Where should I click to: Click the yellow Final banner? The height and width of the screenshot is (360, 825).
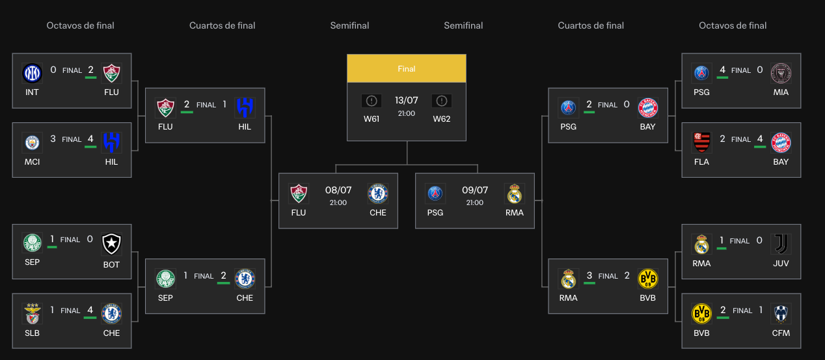(x=407, y=68)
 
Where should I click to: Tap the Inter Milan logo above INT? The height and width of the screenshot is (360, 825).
(x=32, y=73)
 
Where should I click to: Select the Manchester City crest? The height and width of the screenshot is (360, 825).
(x=32, y=142)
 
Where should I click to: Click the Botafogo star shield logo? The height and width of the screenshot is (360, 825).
(x=111, y=243)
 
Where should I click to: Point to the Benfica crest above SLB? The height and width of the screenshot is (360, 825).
(x=32, y=313)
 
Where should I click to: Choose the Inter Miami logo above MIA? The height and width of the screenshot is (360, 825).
(x=781, y=72)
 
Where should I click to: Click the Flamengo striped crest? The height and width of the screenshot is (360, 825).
(x=701, y=142)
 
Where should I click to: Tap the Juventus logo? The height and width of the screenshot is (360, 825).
(x=781, y=243)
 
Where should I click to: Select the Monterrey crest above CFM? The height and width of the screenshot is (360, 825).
(x=781, y=313)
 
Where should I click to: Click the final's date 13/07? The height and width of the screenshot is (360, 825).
(x=407, y=100)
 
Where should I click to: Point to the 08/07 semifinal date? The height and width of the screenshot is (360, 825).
(x=338, y=191)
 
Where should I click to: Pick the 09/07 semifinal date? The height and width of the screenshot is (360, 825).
(x=475, y=191)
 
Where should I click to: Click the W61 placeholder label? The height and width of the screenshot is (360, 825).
(x=372, y=119)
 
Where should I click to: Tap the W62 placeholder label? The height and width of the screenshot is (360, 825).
(x=442, y=119)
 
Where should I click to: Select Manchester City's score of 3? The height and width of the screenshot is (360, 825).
(x=53, y=139)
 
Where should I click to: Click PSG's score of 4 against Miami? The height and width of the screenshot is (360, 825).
(x=722, y=70)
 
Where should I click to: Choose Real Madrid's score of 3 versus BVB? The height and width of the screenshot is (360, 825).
(x=589, y=275)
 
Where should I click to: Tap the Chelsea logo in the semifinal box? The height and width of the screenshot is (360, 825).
(x=377, y=193)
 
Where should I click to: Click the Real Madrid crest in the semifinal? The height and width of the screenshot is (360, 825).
(x=514, y=193)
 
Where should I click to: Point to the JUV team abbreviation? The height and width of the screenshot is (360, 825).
(x=781, y=264)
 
